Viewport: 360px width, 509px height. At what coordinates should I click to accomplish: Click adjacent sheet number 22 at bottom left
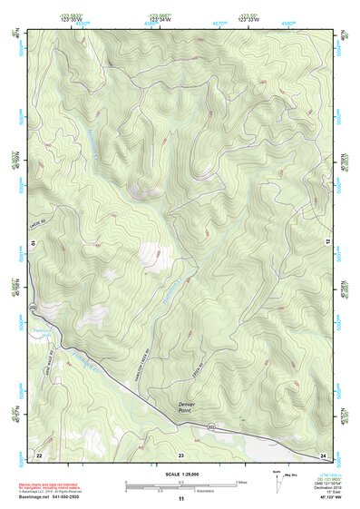39,453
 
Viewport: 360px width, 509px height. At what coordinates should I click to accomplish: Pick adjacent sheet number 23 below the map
180,453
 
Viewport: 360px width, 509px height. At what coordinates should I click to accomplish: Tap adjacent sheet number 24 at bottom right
323,453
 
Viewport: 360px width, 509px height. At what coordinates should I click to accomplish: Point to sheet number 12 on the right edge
327,240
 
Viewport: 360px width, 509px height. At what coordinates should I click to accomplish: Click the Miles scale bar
180,480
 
